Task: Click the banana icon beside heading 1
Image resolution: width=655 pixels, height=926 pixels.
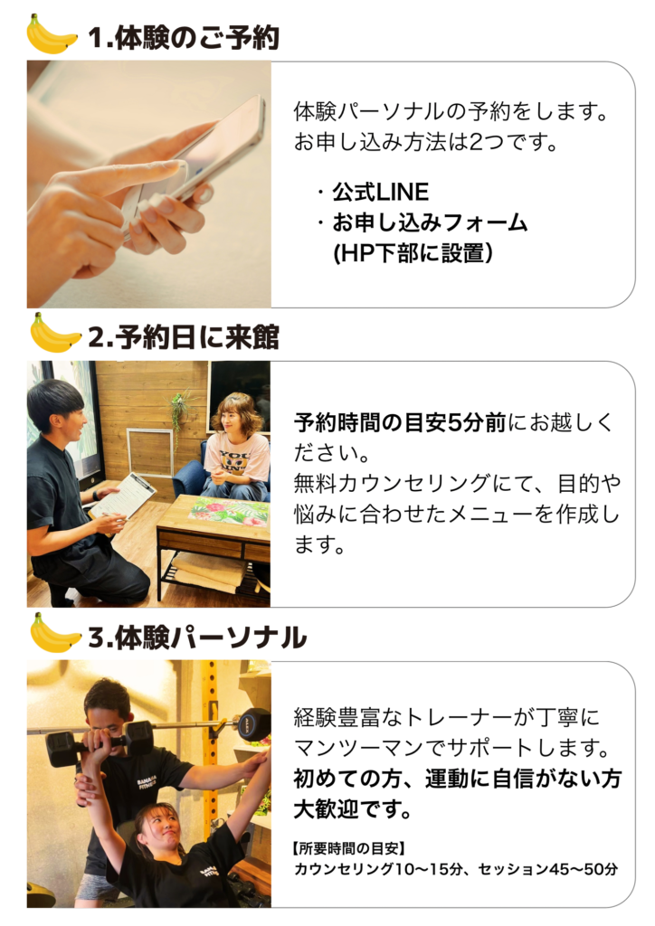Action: pos(52,35)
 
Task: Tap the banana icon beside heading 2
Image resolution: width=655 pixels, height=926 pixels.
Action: pos(54,334)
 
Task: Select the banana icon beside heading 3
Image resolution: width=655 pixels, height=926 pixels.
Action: pos(54,633)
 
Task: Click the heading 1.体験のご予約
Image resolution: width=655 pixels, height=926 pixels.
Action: pos(183,38)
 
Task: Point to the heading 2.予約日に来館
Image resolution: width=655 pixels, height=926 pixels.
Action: pos(183,337)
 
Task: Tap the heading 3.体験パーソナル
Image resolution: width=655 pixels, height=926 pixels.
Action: pos(197,638)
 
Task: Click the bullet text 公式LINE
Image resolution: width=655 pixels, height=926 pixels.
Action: pos(380,192)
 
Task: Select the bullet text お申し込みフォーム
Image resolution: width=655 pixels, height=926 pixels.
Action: pos(430,222)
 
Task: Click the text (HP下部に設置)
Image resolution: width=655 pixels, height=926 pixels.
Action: pos(413,253)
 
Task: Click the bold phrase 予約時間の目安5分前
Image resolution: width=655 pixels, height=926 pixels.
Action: pos(400,422)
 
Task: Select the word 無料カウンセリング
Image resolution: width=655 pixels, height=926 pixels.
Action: pos(392,483)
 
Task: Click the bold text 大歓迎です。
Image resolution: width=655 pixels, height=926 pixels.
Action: pos(353,809)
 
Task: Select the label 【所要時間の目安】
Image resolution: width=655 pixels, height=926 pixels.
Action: pos(348,848)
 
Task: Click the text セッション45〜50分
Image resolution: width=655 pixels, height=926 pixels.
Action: pos(547,869)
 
